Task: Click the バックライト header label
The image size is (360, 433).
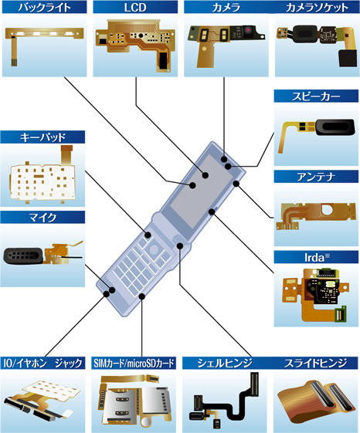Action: [x=44, y=7]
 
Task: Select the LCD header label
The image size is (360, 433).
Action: [x=135, y=7]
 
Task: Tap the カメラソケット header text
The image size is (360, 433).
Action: [x=317, y=8]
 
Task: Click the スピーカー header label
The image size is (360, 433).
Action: [x=316, y=96]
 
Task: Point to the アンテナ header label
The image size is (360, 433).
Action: [x=316, y=177]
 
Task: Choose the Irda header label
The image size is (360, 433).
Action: [x=317, y=257]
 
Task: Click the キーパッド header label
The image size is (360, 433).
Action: [x=42, y=137]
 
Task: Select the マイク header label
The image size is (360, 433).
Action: [x=42, y=218]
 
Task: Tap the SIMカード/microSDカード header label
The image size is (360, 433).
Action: [x=134, y=363]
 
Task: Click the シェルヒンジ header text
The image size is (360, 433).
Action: [x=225, y=363]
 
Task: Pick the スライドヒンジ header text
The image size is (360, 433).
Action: [x=315, y=363]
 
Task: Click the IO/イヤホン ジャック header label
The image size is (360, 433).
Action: [x=42, y=363]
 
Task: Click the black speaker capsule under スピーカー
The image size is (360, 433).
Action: [x=335, y=127]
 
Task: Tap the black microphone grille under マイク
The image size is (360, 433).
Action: [x=24, y=255]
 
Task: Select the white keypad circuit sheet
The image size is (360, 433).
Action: [x=42, y=182]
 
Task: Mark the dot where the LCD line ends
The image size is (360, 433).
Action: [x=205, y=175]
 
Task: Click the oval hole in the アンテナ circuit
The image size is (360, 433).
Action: [x=327, y=210]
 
